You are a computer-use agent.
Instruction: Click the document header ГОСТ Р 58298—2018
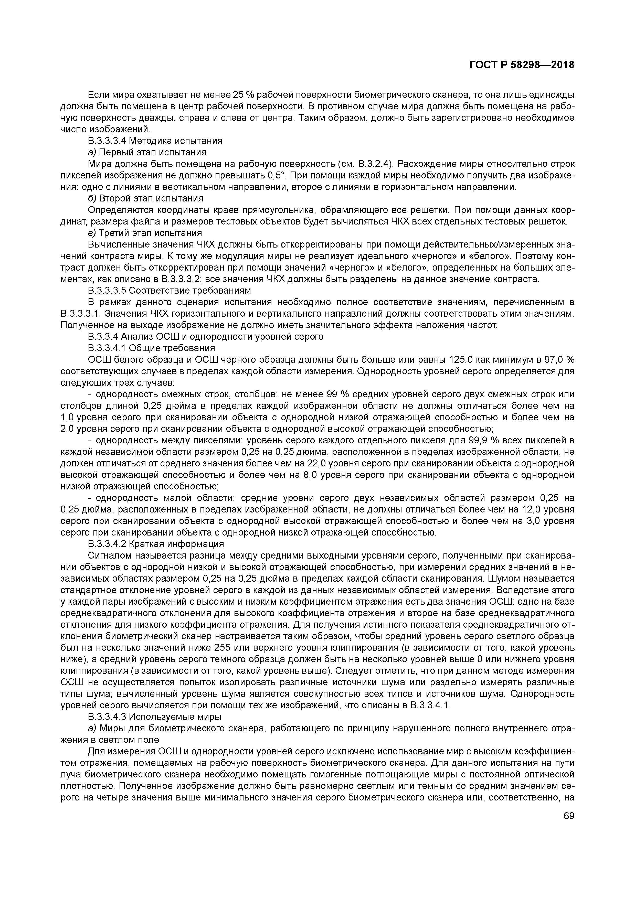522,65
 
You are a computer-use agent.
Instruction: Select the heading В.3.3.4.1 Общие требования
151,348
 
